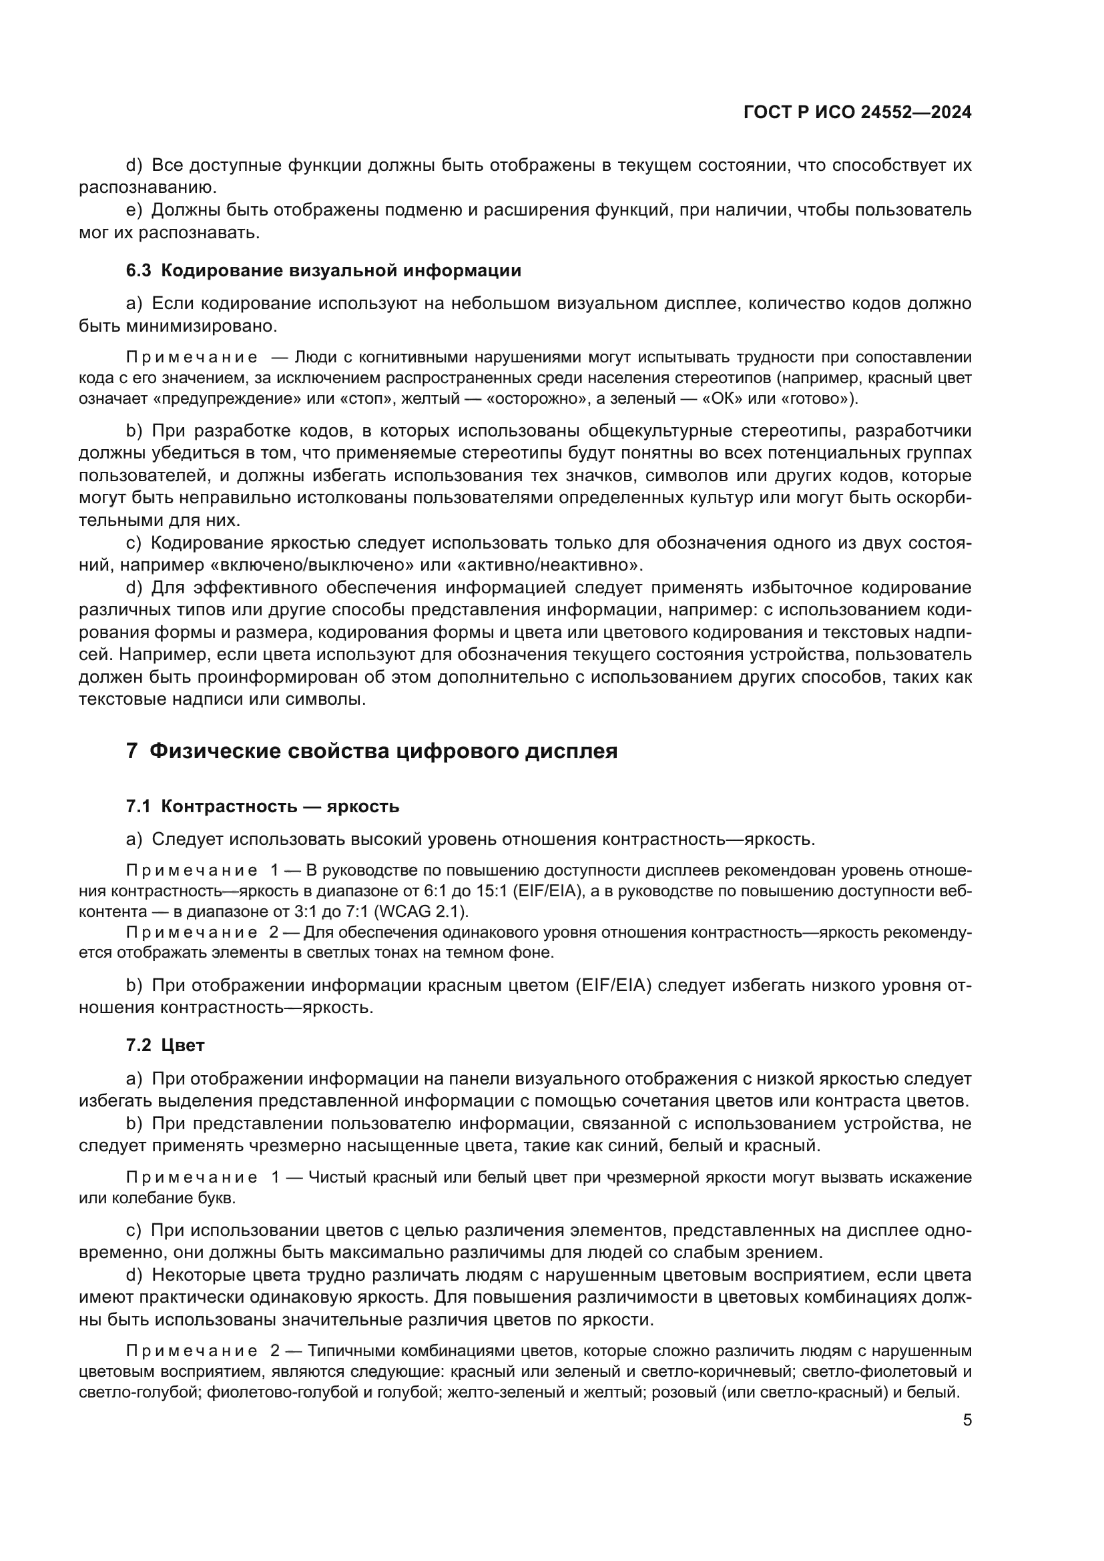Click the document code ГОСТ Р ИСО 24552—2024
tap(857, 113)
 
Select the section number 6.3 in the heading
tap(138, 270)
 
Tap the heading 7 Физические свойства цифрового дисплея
tap(372, 751)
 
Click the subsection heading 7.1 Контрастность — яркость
tap(262, 806)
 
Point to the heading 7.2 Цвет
tap(165, 1045)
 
